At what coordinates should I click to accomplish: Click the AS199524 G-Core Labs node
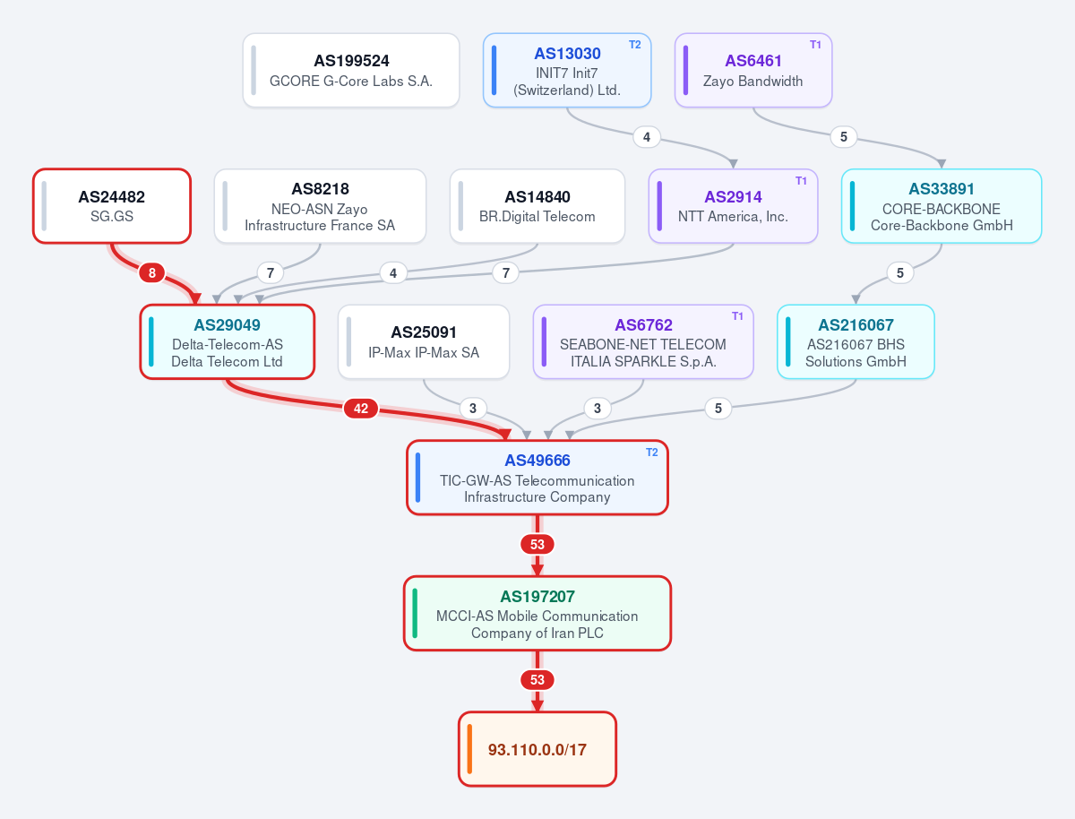(x=351, y=70)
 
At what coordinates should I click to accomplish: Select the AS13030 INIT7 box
(x=567, y=70)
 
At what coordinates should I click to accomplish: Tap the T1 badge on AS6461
(x=815, y=45)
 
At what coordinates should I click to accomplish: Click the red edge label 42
(x=361, y=408)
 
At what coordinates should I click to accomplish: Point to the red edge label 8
(x=151, y=272)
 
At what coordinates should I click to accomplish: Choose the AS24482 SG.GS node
(x=112, y=206)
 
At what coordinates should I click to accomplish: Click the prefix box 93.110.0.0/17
(x=537, y=749)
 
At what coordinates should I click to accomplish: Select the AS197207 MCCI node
(x=537, y=613)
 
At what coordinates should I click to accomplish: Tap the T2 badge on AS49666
(x=652, y=453)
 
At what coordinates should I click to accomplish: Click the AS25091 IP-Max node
(x=424, y=341)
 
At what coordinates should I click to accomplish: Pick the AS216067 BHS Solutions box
(x=856, y=341)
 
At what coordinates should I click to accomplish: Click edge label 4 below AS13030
(x=647, y=137)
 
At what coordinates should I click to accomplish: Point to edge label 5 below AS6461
(x=843, y=137)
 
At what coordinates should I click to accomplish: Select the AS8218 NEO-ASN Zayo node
(x=320, y=206)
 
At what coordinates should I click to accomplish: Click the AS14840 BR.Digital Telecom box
(x=537, y=206)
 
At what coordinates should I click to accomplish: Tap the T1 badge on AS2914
(x=801, y=181)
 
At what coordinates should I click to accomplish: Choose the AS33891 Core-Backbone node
(x=942, y=206)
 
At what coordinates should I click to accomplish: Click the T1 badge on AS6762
(x=737, y=316)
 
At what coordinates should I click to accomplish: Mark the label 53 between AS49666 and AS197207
(x=537, y=544)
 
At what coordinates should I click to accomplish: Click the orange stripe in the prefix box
(x=469, y=749)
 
